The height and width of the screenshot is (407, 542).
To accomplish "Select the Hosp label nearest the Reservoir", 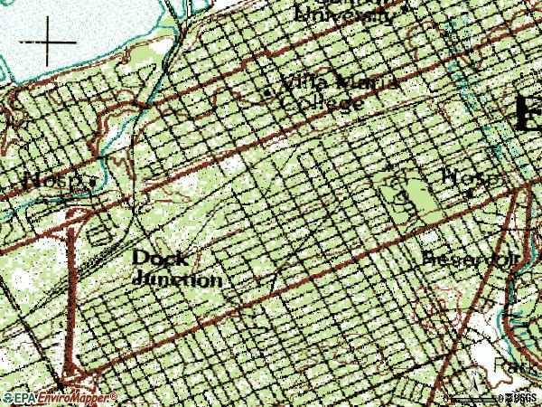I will point(464,175).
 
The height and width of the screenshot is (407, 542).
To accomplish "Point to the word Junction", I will point(178,279).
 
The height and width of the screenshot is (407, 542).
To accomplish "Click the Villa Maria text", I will point(340,84).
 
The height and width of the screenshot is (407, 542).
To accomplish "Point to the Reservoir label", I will point(471,259).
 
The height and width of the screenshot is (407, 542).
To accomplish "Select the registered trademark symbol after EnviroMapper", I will point(115,395).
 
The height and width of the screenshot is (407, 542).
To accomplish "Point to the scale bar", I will point(470,398).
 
